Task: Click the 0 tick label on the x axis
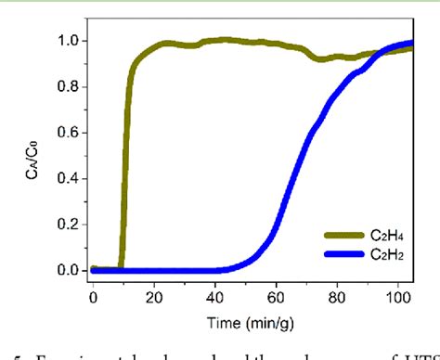(x=93, y=295)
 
